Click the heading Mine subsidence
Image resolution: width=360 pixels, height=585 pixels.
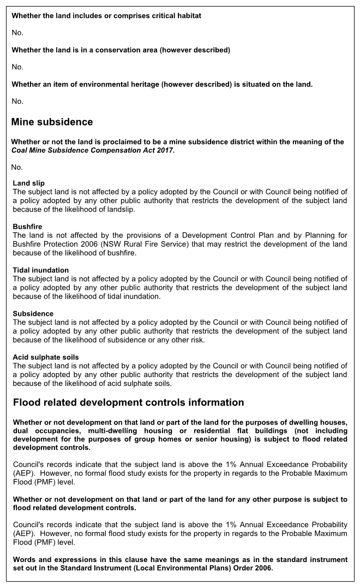(x=52, y=122)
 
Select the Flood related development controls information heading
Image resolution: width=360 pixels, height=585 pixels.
(x=128, y=403)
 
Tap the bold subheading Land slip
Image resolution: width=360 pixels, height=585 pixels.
(x=28, y=183)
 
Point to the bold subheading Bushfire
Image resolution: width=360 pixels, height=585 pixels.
(x=27, y=226)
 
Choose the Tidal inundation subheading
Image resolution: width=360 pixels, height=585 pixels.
(x=40, y=270)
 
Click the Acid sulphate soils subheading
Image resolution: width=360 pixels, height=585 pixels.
(x=46, y=357)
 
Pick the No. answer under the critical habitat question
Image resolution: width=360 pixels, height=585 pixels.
(x=17, y=33)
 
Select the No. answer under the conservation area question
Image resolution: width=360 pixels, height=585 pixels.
(x=17, y=67)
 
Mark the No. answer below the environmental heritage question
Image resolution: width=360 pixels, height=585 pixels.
(x=17, y=102)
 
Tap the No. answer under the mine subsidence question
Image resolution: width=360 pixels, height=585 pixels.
(x=17, y=168)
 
